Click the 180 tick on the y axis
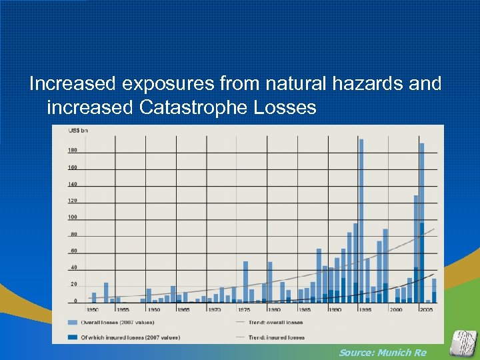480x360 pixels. point(72,151)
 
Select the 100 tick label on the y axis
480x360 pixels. point(72,217)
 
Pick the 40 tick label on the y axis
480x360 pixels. point(73,268)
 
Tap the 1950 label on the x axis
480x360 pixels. point(93,310)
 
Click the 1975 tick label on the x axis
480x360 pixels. point(245,310)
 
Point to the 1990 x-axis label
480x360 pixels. point(335,310)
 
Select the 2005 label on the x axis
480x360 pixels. point(427,310)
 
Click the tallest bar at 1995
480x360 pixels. point(361,220)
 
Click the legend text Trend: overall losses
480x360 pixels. point(273,321)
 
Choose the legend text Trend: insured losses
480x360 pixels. point(274,337)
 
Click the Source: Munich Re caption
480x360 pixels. point(382,352)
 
